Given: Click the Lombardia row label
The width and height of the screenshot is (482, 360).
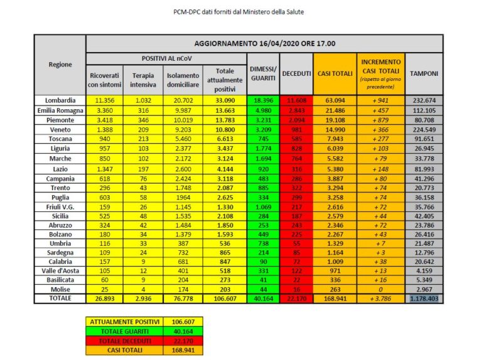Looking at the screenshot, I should pyautogui.click(x=60, y=100).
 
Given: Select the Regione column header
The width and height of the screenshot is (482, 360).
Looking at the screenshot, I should pyautogui.click(x=60, y=64).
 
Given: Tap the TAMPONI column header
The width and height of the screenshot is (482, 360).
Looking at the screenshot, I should pyautogui.click(x=425, y=73).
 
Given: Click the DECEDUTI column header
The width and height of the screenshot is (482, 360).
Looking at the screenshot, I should pyautogui.click(x=296, y=73).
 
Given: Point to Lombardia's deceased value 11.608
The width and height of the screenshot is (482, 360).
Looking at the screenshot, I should pyautogui.click(x=296, y=100).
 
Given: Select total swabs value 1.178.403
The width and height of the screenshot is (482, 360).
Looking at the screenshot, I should pyautogui.click(x=425, y=299).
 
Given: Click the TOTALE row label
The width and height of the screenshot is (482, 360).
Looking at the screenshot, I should pyautogui.click(x=60, y=299).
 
